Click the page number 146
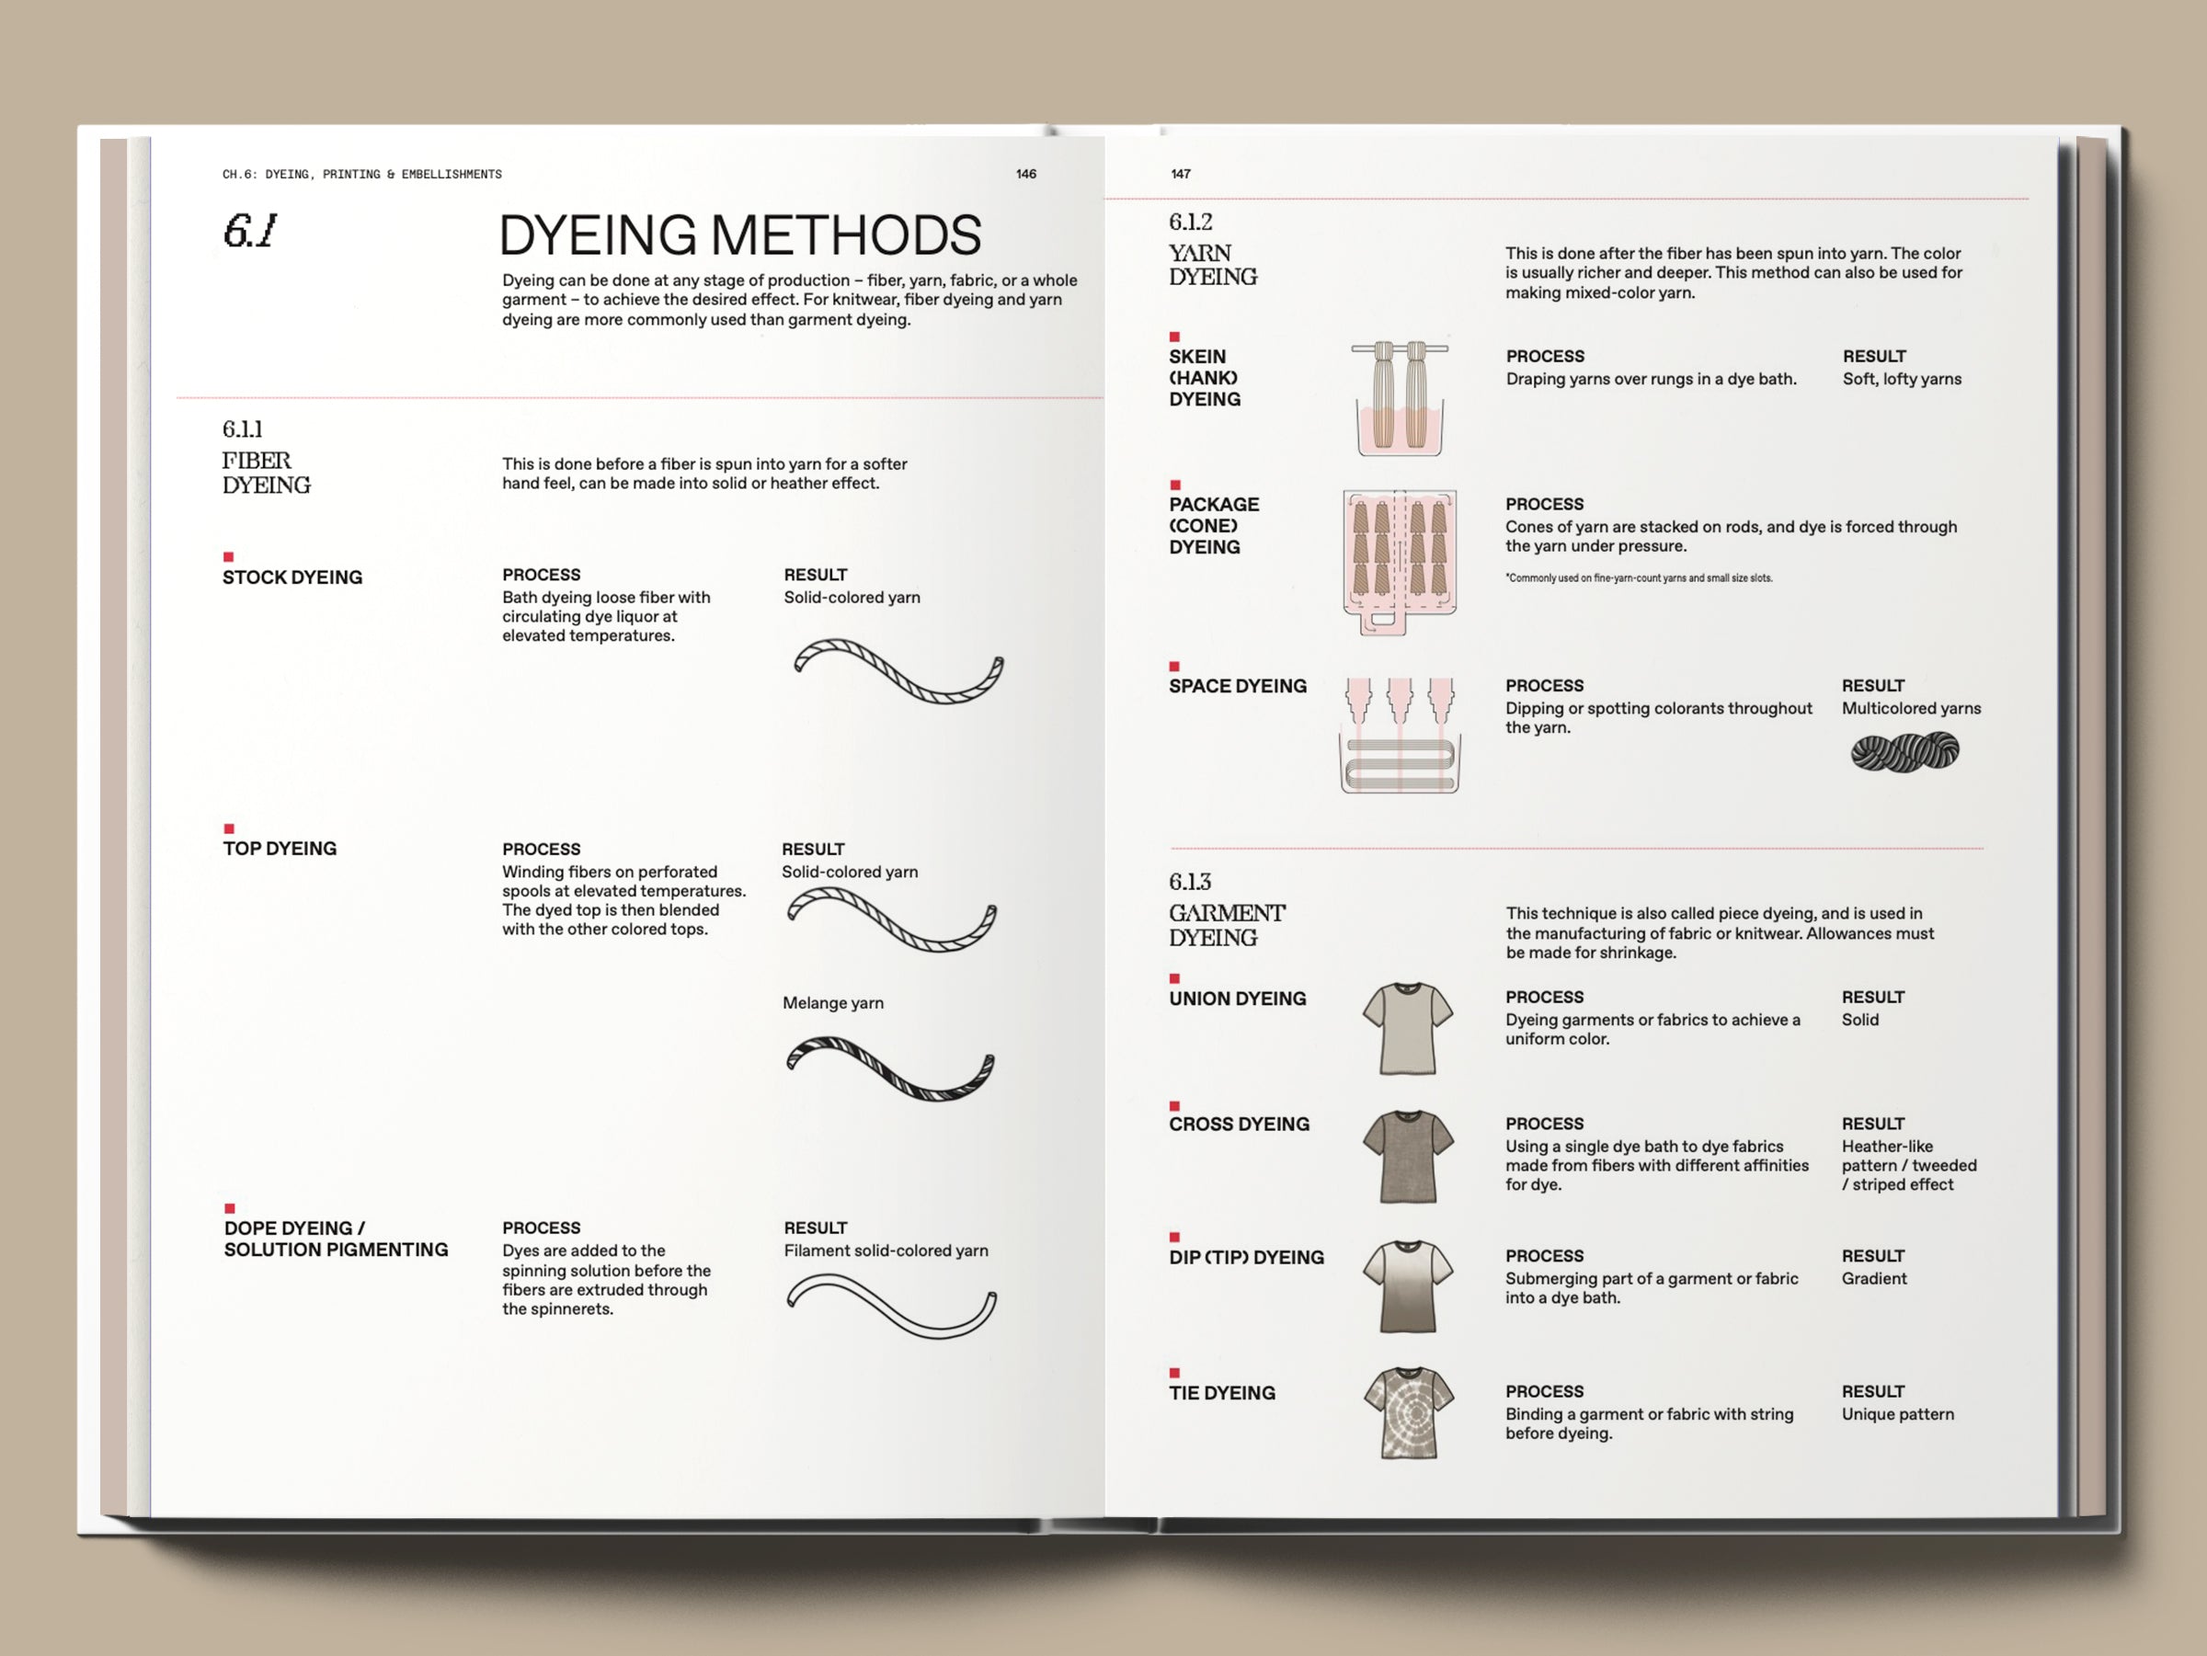[1025, 174]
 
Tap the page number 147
[1181, 174]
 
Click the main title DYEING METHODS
[739, 235]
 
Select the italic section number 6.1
[248, 232]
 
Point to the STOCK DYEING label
[292, 577]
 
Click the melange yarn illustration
[891, 1068]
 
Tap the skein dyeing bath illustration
[1400, 397]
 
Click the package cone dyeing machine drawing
[1400, 562]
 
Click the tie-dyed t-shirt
[1408, 1412]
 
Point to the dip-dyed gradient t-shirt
[1408, 1287]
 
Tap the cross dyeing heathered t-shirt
[1408, 1156]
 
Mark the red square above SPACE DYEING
[1174, 667]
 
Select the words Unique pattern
[1898, 1414]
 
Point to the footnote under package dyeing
[1639, 578]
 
